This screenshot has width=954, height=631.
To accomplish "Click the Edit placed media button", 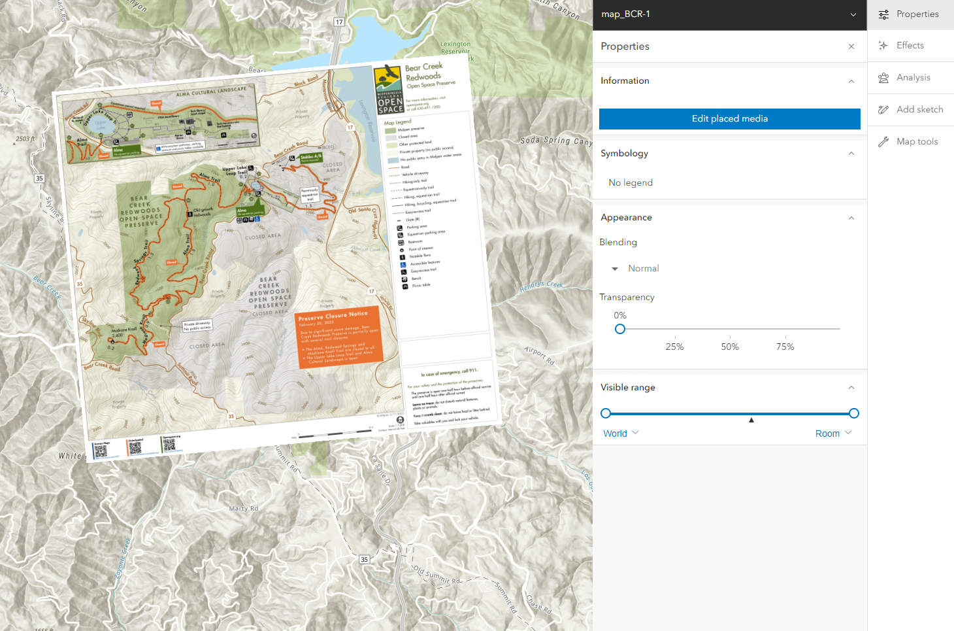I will (729, 118).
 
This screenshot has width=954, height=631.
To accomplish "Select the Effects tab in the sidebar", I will (910, 45).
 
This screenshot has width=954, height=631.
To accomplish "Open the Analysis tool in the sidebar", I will (912, 77).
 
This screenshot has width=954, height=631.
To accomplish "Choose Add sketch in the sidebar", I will (919, 109).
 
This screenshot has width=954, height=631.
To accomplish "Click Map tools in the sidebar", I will (916, 141).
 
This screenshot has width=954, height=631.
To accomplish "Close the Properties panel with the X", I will (851, 46).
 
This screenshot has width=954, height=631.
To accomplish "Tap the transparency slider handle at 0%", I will (620, 329).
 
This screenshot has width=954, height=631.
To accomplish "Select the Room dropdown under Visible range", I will (833, 434).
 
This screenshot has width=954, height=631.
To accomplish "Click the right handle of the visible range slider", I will (853, 413).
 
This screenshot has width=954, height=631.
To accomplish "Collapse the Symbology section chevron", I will (851, 154).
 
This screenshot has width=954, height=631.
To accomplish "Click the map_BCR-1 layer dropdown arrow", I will (853, 14).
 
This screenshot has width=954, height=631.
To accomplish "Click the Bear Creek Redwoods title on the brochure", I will (424, 72).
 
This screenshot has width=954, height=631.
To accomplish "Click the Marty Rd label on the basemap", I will (243, 508).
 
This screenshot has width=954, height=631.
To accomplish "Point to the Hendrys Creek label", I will (541, 286).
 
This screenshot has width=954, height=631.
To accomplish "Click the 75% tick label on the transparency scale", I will (785, 347).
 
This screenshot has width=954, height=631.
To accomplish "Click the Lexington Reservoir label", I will (455, 48).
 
